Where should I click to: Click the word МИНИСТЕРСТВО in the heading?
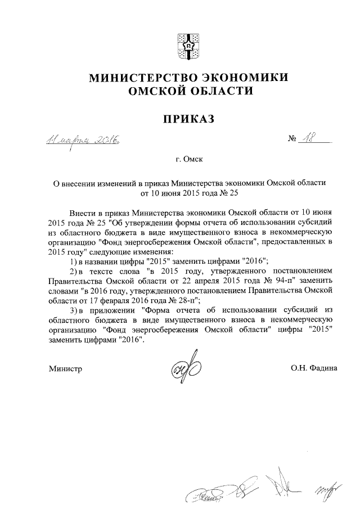click(136, 78)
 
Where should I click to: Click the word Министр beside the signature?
click(66, 369)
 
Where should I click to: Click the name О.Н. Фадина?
click(314, 369)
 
